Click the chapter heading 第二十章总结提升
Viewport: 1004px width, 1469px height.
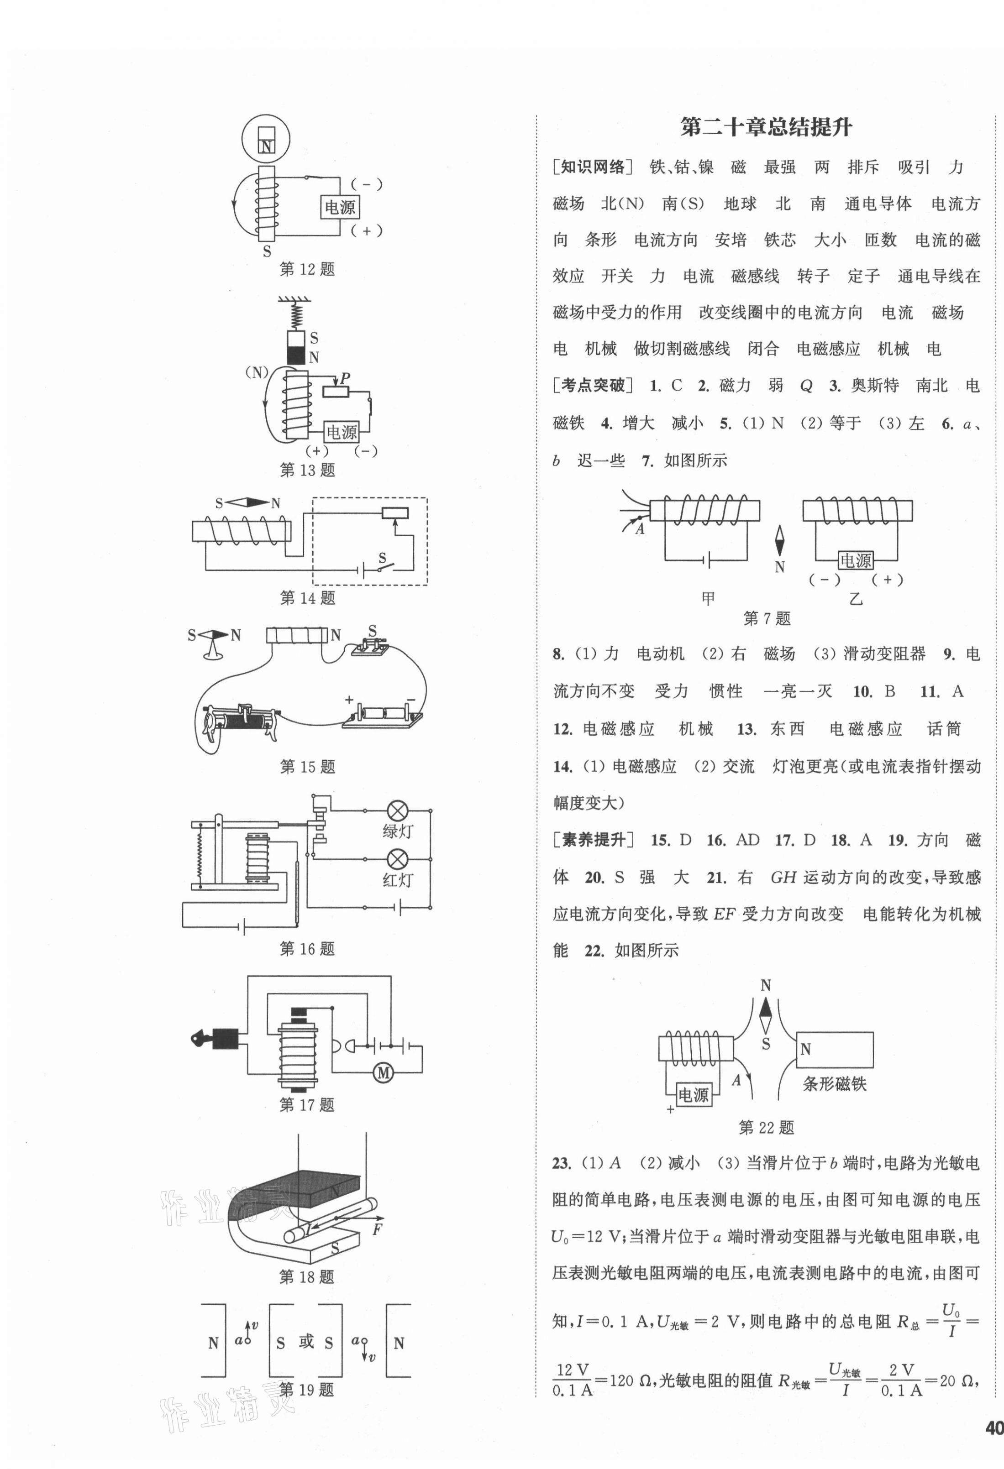pos(766,128)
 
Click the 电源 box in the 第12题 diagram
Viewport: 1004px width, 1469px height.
pos(340,207)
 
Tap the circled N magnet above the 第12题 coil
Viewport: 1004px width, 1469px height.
pos(266,140)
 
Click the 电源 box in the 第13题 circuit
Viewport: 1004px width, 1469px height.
pos(342,432)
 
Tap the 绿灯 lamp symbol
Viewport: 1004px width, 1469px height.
pos(397,810)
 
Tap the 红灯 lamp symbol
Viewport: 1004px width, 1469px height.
pos(397,859)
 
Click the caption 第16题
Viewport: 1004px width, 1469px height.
pos(307,949)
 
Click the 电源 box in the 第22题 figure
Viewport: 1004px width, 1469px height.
pos(693,1094)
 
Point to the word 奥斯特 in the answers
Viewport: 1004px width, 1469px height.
pos(874,386)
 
